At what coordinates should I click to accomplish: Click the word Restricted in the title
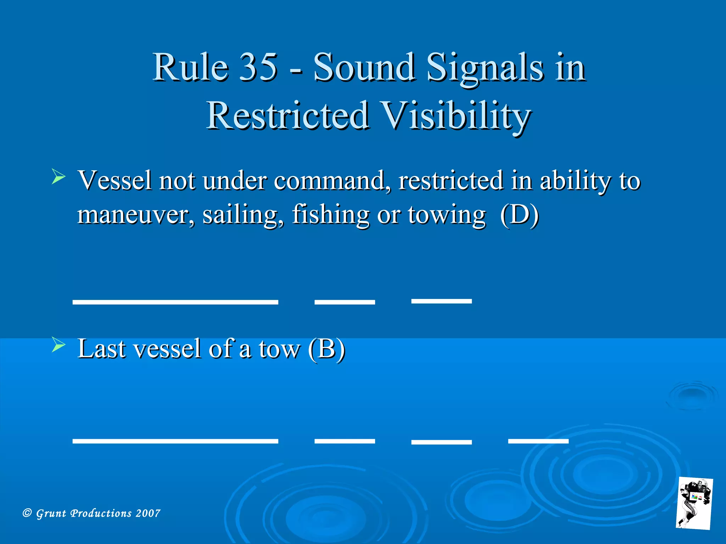point(287,115)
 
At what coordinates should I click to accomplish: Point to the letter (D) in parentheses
point(519,215)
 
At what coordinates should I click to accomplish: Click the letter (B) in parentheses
point(326,349)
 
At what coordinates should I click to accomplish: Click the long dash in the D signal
point(175,302)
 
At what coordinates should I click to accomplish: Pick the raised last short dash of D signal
point(441,301)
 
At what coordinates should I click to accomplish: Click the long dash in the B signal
point(175,441)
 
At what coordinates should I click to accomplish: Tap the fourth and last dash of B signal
point(538,441)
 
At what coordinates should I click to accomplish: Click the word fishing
point(330,215)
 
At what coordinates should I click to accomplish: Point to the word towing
point(446,215)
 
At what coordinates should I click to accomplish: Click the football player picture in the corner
point(694,503)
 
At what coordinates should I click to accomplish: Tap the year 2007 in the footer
point(148,513)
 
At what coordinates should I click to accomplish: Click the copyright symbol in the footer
point(27,513)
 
